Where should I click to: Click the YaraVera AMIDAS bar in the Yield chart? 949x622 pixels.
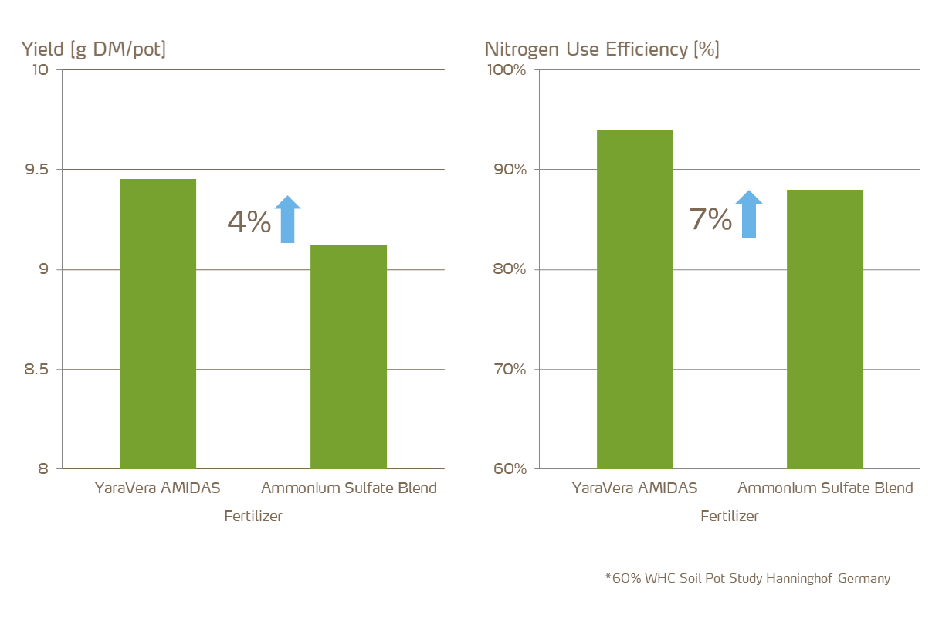point(158,323)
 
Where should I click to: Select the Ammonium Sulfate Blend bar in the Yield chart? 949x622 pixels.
point(348,357)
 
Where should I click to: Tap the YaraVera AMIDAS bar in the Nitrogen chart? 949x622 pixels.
point(634,299)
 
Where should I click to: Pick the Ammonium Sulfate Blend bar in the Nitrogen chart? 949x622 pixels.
point(825,329)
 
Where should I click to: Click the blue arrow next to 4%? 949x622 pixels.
point(287,220)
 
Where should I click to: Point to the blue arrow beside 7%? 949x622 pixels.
point(748,215)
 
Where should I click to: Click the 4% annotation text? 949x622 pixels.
point(249,222)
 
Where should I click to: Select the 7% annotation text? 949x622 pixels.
point(710,220)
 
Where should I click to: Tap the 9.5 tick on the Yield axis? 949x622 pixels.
point(34,170)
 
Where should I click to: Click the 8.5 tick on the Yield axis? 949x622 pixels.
point(34,370)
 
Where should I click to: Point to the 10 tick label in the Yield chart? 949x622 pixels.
point(40,70)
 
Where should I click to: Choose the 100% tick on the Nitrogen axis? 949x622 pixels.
point(506,70)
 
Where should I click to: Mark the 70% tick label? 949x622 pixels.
point(509,370)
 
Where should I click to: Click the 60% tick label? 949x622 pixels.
point(509,469)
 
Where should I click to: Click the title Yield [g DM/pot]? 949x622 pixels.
point(93,50)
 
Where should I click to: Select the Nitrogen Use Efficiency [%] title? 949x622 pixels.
point(602,50)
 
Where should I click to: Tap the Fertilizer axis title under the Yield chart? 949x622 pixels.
point(253,516)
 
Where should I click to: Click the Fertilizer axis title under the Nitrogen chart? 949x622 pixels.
point(729,516)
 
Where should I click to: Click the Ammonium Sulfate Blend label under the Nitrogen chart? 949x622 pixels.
point(825,488)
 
